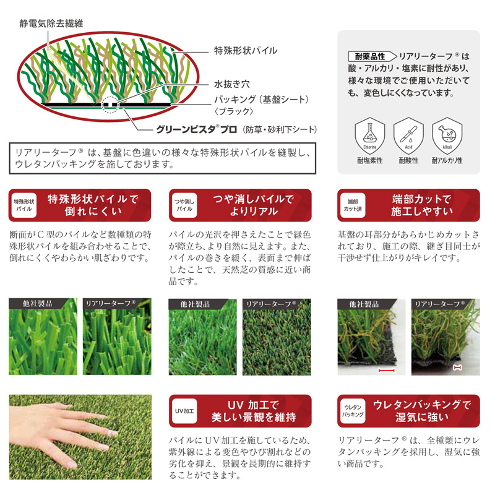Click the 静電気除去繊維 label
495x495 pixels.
pyautogui.click(x=51, y=24)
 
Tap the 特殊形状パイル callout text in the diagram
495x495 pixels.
pyautogui.click(x=246, y=51)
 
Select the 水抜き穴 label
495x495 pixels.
pyautogui.click(x=232, y=84)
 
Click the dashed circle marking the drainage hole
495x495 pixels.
pyautogui.click(x=110, y=105)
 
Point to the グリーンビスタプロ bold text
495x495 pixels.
pyautogui.click(x=196, y=129)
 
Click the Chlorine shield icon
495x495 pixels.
pyautogui.click(x=369, y=136)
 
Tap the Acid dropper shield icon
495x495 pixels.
pyautogui.click(x=408, y=136)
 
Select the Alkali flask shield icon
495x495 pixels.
pyautogui.click(x=447, y=136)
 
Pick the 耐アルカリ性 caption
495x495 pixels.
pyautogui.click(x=447, y=161)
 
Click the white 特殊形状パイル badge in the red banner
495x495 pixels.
pyautogui.click(x=24, y=205)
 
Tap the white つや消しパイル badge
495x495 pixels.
pyautogui.click(x=184, y=205)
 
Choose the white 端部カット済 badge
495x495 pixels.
pyautogui.click(x=353, y=205)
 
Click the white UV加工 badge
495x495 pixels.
pyautogui.click(x=184, y=411)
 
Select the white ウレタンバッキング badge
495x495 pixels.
pyautogui.click(x=353, y=411)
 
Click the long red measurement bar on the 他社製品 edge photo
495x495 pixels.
pyautogui.click(x=386, y=370)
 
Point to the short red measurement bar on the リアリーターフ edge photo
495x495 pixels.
pyautogui.click(x=457, y=368)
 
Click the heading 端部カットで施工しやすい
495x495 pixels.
pyautogui.click(x=422, y=205)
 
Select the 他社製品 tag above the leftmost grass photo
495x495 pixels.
pyautogui.click(x=38, y=304)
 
